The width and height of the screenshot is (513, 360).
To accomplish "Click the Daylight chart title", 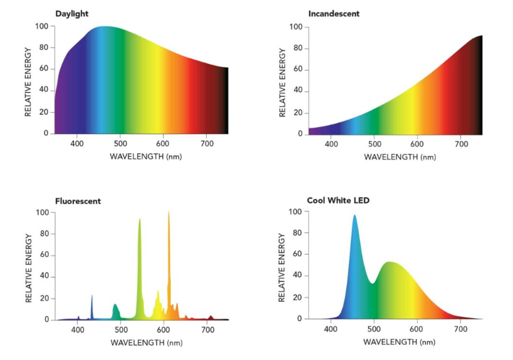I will coord(73,13).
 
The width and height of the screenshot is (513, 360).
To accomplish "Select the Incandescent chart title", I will coord(334,14).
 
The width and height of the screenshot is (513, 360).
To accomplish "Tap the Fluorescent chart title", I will coord(78,201).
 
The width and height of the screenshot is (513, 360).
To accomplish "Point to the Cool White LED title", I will coord(338,200).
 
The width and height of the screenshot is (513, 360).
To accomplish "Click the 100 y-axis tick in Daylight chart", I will coord(42,26).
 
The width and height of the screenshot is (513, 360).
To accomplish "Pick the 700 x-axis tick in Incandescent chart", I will coord(461,145).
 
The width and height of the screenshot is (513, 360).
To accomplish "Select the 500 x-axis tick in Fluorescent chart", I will coord(121,331).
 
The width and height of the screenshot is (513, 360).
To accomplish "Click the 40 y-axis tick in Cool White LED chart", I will coord(297,276).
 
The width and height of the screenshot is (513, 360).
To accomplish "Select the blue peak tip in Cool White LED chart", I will coord(355,217).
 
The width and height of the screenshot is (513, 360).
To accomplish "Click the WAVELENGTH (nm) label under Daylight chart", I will coord(146,156).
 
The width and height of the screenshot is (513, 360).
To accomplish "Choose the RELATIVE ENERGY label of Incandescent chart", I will coord(282,81).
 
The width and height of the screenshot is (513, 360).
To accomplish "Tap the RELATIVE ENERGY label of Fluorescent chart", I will coord(29,268).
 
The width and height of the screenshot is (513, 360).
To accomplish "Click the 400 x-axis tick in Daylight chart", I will coord(78,144).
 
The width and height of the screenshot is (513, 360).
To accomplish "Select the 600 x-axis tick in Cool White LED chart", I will coord(417,329).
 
